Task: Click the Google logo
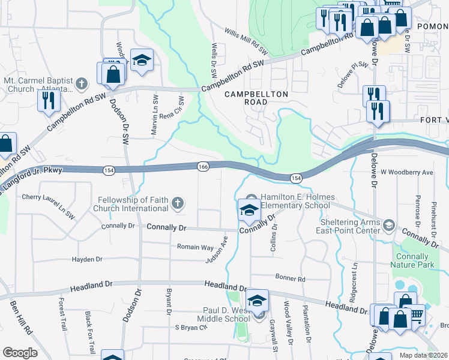click(20, 353)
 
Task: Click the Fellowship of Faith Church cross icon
click(177, 204)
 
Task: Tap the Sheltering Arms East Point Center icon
click(388, 224)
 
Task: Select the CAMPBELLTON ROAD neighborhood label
click(256, 98)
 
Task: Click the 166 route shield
click(203, 166)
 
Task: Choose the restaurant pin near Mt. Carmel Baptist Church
click(47, 100)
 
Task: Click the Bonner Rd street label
click(291, 279)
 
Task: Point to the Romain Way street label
click(195, 247)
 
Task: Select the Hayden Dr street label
click(87, 259)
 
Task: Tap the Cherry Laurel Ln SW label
click(48, 197)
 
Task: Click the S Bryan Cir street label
click(191, 328)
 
